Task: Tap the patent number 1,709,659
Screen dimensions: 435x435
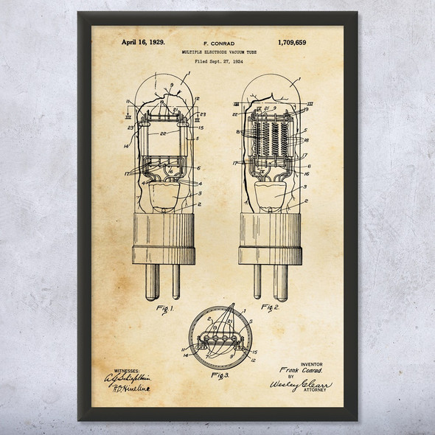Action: [292, 42]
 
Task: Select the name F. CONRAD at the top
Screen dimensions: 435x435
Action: [217, 43]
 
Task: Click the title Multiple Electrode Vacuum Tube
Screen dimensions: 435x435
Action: [217, 53]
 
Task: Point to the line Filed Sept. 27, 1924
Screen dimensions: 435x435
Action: [217, 63]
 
